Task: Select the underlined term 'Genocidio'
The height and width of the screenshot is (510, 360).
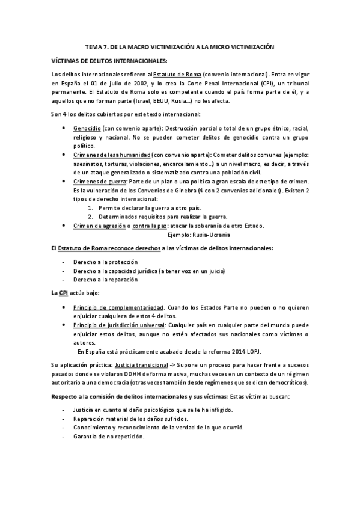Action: pos(87,128)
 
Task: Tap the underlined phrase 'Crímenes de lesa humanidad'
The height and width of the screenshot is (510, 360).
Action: pos(111,154)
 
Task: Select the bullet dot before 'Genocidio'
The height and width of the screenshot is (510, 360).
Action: pos(64,128)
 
